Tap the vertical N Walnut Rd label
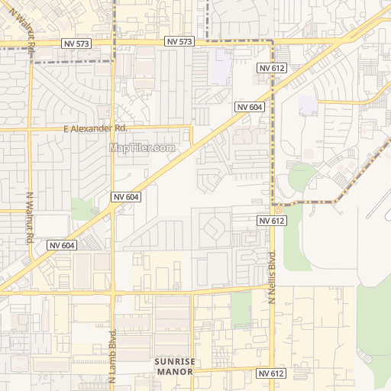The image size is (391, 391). pos(31,218)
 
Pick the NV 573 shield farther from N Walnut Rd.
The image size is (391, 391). pos(179,41)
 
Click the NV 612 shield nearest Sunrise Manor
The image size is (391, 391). pos(271,373)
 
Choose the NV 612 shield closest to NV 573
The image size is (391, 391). pos(271,68)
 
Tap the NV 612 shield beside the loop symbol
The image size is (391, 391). pos(271,221)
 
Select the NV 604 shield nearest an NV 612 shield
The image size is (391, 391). pos(250,107)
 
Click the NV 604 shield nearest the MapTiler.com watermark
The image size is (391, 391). pos(126,197)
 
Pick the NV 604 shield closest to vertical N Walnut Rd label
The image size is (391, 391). pos(63,245)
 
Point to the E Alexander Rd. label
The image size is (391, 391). pos(95,129)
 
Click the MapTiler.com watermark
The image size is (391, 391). pos(143,147)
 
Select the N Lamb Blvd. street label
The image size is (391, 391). pos(112,355)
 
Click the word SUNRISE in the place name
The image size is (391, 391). pos(175,361)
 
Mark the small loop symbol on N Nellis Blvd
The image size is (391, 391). pos(279,207)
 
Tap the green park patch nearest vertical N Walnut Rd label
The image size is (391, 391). pos(82,208)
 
